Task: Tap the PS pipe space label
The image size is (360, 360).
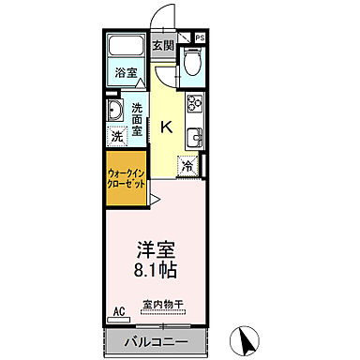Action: (200, 37)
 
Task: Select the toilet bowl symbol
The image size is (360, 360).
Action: (192, 63)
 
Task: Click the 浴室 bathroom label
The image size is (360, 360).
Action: (126, 73)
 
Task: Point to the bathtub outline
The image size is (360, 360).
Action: (125, 48)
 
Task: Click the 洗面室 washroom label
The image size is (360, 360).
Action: (138, 119)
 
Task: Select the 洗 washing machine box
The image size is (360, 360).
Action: (115, 136)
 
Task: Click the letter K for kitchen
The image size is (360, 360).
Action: (167, 128)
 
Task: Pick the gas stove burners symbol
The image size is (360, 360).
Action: (196, 104)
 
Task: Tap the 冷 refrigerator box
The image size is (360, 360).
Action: (188, 167)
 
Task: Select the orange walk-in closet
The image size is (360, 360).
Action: (125, 177)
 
